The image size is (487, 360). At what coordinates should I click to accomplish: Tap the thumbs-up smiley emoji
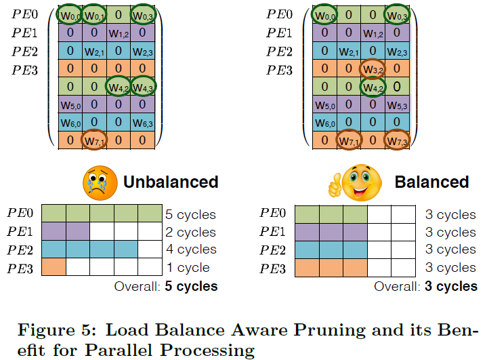(358, 181)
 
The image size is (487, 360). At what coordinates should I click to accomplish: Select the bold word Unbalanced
(171, 182)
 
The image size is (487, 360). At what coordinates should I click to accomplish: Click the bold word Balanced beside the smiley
(431, 182)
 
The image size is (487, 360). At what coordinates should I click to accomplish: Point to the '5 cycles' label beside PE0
(190, 215)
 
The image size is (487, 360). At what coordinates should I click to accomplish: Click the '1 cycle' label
(187, 267)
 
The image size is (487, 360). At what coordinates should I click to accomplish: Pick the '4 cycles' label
(190, 249)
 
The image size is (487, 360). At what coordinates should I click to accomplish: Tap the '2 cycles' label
(190, 233)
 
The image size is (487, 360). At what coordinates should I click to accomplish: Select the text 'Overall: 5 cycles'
(167, 286)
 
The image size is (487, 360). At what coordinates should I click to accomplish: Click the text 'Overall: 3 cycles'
(426, 286)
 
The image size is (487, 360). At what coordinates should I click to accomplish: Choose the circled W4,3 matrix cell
(142, 87)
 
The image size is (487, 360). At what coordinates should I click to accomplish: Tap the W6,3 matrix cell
(142, 123)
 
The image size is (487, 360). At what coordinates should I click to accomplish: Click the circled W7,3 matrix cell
(397, 141)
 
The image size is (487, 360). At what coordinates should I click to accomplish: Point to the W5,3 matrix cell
(397, 105)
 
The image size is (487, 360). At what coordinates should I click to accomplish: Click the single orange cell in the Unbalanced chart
(54, 267)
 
